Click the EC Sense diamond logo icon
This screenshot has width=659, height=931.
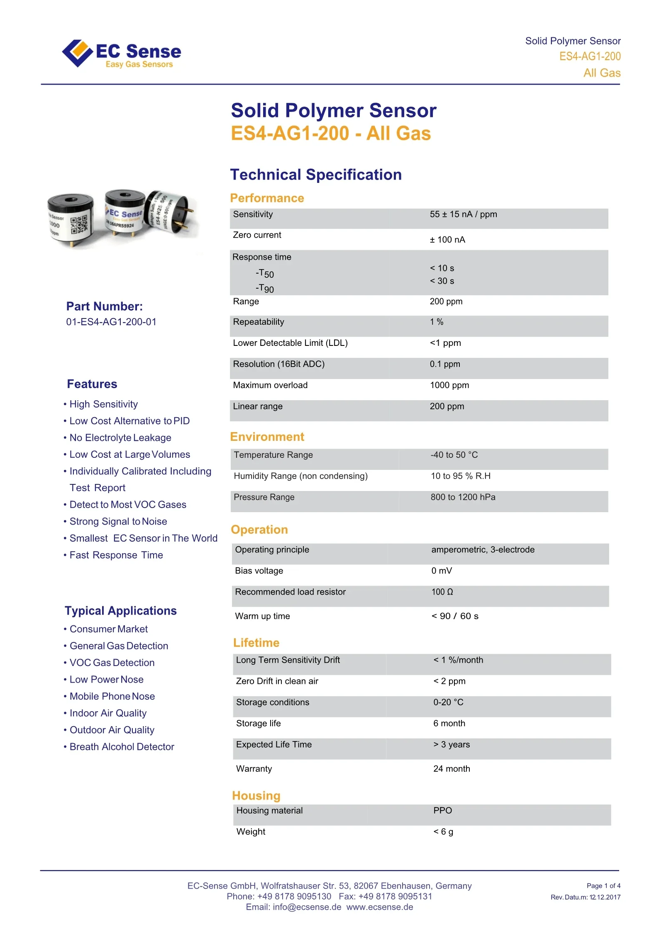pyautogui.click(x=77, y=53)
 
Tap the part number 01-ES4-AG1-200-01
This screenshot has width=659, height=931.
pyautogui.click(x=111, y=322)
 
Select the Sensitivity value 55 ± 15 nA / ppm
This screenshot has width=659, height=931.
pyautogui.click(x=463, y=214)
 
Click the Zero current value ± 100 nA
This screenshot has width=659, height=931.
pyautogui.click(x=447, y=240)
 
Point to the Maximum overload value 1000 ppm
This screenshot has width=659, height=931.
pyautogui.click(x=449, y=385)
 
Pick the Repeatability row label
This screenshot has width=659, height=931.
pyautogui.click(x=259, y=322)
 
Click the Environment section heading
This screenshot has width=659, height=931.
pyautogui.click(x=267, y=437)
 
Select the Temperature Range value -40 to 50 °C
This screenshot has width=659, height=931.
pyautogui.click(x=454, y=455)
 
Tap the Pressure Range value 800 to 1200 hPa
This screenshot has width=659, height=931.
pyautogui.click(x=463, y=497)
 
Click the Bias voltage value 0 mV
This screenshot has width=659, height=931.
pyautogui.click(x=442, y=571)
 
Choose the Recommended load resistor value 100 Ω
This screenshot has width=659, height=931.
pyautogui.click(x=442, y=592)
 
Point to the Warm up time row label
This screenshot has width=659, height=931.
pyautogui.click(x=262, y=616)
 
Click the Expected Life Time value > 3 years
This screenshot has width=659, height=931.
pyautogui.click(x=452, y=745)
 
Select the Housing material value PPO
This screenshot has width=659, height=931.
pyautogui.click(x=442, y=811)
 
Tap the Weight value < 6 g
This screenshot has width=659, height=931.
pyautogui.click(x=443, y=832)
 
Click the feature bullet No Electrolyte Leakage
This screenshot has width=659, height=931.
pyautogui.click(x=120, y=438)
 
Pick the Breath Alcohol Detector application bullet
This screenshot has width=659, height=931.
pyautogui.click(x=122, y=747)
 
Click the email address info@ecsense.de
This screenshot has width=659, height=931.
pyautogui.click(x=307, y=907)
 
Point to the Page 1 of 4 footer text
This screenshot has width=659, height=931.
pyautogui.click(x=603, y=886)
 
